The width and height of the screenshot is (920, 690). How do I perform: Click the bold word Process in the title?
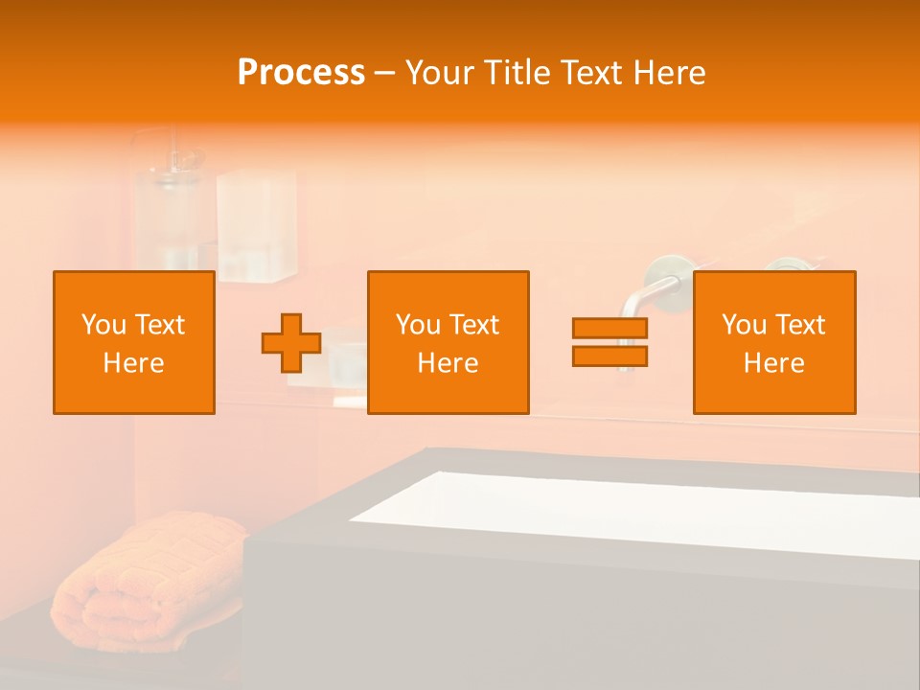(301, 73)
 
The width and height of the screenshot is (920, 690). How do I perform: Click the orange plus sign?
(291, 343)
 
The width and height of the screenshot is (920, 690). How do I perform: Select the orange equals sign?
(609, 343)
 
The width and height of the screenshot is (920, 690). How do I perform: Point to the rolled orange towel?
(144, 575)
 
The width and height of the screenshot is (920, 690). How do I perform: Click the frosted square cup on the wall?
(256, 225)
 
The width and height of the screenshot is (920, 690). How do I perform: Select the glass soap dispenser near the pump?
(168, 216)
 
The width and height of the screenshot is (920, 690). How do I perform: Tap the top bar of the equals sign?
(609, 329)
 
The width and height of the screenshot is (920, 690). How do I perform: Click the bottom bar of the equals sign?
(609, 356)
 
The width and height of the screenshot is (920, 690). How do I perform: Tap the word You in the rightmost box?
(743, 325)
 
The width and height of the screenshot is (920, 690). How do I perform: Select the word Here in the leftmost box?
(134, 363)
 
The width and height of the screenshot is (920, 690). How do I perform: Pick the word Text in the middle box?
(473, 325)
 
